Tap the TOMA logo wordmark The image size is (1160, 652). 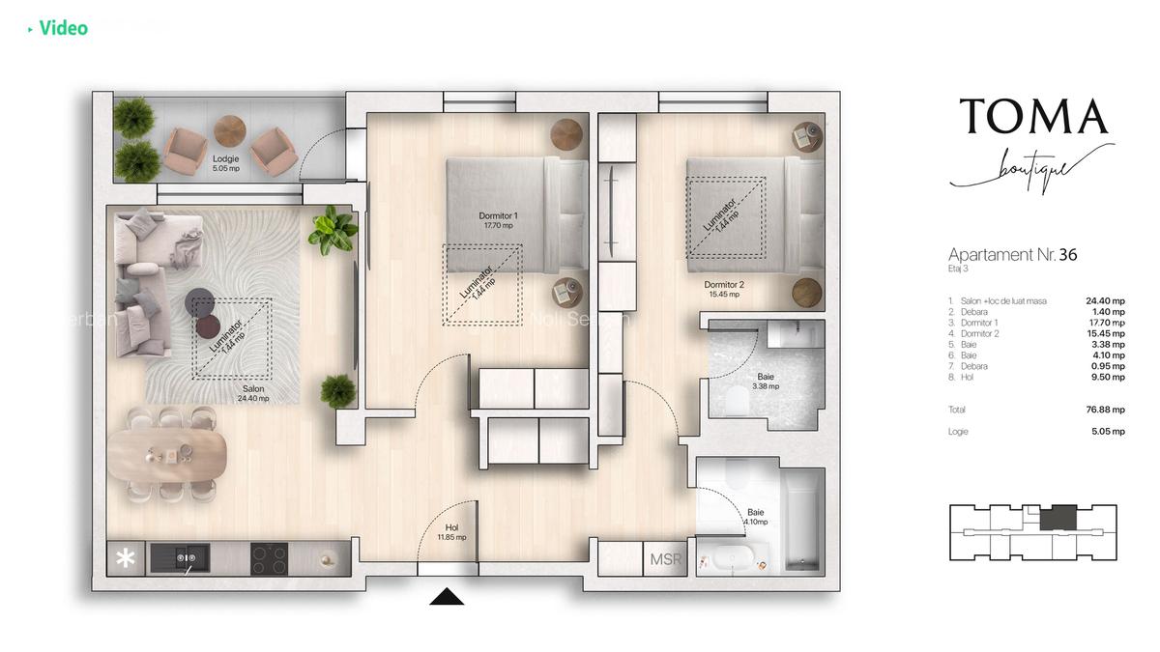coord(1032,117)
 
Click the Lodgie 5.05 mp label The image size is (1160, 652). coord(225,162)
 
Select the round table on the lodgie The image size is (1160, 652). coord(230,130)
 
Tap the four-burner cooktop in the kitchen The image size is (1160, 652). coord(270,557)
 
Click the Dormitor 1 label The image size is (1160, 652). coord(499,220)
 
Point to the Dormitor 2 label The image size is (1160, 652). coord(723,289)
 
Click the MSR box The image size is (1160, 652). coord(665,559)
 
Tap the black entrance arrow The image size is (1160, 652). coord(447,597)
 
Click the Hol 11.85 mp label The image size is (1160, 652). coord(451,532)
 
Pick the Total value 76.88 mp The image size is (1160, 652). coord(1104,410)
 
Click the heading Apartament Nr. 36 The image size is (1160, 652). coord(1012,255)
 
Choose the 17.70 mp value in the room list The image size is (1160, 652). coord(1104,323)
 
